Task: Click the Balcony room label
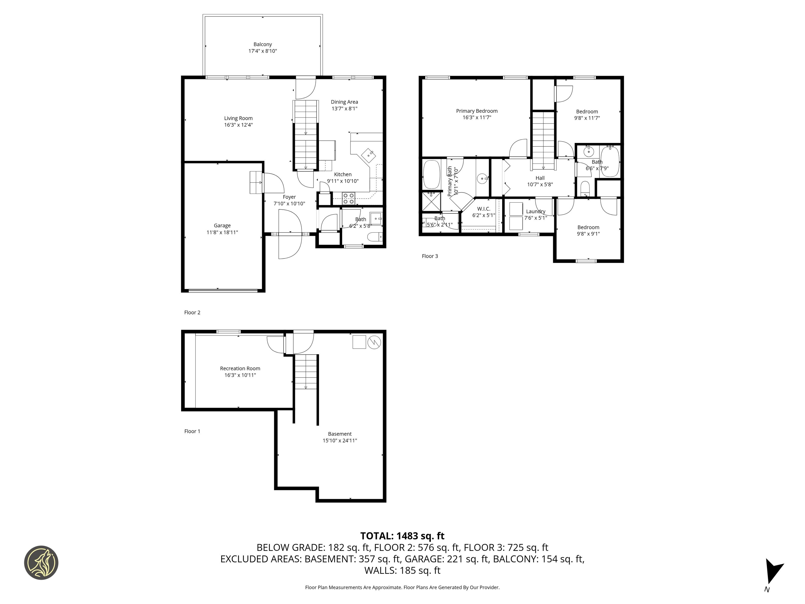(x=262, y=44)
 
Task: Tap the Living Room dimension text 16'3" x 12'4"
(x=238, y=125)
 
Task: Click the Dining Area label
(x=344, y=102)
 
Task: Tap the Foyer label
(x=289, y=197)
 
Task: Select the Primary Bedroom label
(x=477, y=111)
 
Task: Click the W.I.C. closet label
(x=484, y=209)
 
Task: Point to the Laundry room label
(x=535, y=212)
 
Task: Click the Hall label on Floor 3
(x=540, y=178)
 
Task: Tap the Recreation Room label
(x=240, y=368)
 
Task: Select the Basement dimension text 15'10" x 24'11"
(x=340, y=440)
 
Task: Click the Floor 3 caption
(x=430, y=256)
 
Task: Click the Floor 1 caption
(x=192, y=431)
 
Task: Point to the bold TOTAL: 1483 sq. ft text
(x=402, y=536)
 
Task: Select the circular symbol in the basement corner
(x=375, y=342)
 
